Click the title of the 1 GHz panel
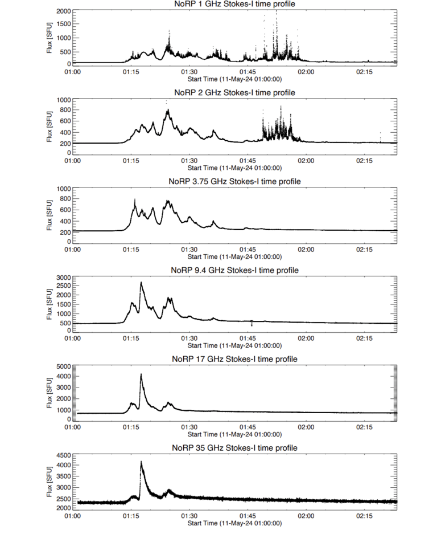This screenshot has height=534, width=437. point(234,4)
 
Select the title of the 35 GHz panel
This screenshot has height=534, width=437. point(234,448)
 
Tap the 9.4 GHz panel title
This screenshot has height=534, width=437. point(234,270)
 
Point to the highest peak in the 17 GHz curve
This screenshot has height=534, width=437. point(141,374)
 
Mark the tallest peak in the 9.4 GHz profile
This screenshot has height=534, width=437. point(141,282)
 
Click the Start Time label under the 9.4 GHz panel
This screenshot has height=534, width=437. point(234,345)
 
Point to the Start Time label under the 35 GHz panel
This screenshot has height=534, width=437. point(234,523)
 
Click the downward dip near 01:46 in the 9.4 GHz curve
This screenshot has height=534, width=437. point(252,325)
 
